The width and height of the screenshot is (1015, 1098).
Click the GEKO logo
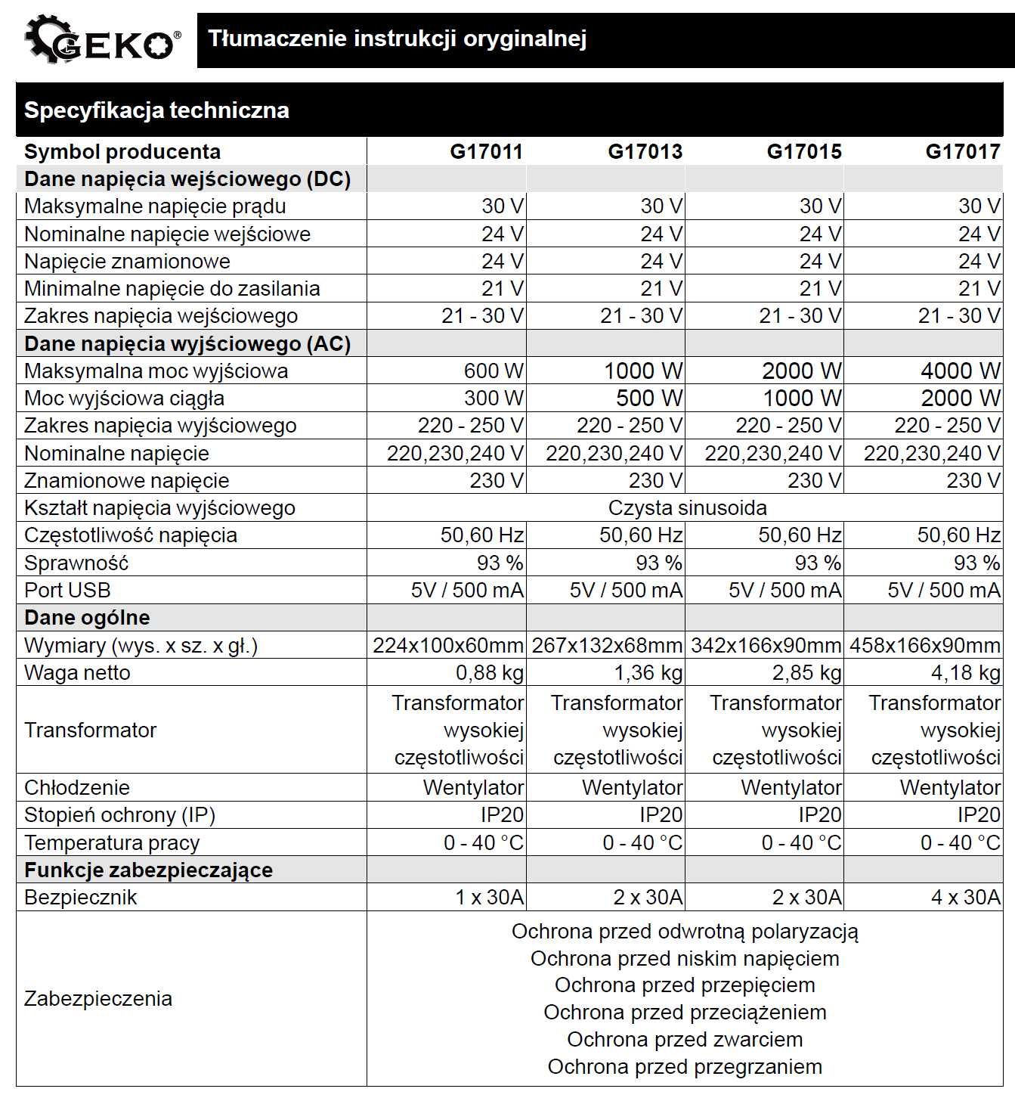[x=101, y=40]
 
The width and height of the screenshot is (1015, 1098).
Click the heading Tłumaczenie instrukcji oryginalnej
[x=397, y=39]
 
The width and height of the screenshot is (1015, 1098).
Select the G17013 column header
[x=645, y=151]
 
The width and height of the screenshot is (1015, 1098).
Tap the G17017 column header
[x=962, y=151]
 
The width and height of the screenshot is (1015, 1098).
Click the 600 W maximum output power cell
[x=493, y=371]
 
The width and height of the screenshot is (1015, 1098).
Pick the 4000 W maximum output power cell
[x=960, y=371]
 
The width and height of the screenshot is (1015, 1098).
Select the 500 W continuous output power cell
[x=648, y=398]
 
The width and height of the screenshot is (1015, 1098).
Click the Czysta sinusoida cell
[x=686, y=507]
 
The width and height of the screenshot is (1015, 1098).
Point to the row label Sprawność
[x=76, y=563]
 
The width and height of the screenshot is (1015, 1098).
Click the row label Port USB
[x=67, y=590]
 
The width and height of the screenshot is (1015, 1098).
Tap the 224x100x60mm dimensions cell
[x=447, y=645]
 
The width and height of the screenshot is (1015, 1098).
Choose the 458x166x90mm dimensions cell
[x=924, y=645]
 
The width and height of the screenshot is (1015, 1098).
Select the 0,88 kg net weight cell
[x=489, y=672]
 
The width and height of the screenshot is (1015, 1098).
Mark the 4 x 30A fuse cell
[x=965, y=897]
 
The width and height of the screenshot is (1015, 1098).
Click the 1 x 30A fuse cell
[x=489, y=897]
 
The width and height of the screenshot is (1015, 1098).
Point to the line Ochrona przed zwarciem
[x=685, y=1039]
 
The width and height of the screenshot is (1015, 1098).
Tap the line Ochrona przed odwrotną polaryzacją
[x=685, y=931]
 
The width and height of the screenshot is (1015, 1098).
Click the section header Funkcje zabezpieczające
[x=148, y=870]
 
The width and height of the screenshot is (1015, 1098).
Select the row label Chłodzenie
[x=76, y=787]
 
